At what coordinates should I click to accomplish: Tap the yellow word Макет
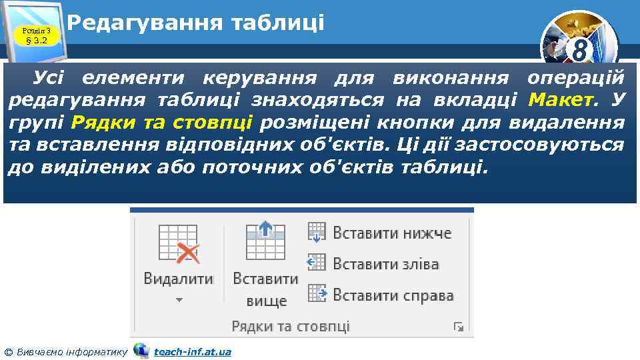point(560,100)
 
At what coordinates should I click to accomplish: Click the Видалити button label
point(178,279)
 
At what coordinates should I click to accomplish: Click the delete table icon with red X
point(179,243)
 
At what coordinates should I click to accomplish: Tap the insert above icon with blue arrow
point(265,241)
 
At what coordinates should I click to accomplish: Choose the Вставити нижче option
point(392,233)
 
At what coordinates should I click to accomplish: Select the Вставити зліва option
point(386,264)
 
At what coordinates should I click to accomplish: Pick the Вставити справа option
point(393,295)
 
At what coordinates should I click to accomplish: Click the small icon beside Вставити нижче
point(317,233)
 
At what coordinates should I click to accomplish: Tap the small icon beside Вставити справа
point(317,294)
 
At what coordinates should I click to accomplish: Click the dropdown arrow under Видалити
point(179,301)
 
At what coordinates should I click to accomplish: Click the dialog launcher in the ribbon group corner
point(459,327)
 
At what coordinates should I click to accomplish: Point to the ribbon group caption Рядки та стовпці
point(291,327)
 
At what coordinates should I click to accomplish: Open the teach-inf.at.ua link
point(193,351)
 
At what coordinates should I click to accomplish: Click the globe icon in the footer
point(141,350)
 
